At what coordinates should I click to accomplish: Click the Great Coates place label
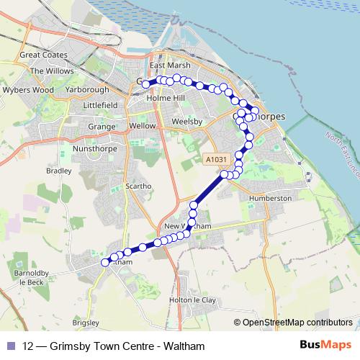44,55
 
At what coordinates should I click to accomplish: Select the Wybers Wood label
28,90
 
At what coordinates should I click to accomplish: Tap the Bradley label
58,171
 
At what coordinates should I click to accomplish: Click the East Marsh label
163,65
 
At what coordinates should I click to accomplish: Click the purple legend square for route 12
12,346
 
